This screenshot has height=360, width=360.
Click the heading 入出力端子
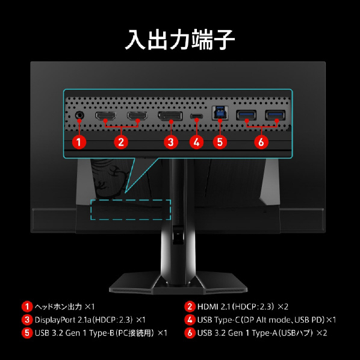[x=180, y=40]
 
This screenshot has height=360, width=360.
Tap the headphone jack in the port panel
[x=79, y=115]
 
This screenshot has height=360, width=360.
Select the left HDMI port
[x=105, y=116]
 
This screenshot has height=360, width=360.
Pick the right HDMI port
[x=137, y=116]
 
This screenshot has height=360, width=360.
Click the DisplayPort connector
[x=170, y=116]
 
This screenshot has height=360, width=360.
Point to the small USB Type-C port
[x=196, y=116]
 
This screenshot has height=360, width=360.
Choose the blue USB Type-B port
[x=220, y=113]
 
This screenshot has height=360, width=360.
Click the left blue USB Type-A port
[x=246, y=115]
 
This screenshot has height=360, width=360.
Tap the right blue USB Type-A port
[x=275, y=115]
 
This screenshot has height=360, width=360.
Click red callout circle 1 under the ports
[x=79, y=142]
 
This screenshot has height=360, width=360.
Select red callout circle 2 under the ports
[x=121, y=142]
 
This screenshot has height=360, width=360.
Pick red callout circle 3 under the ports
[x=171, y=142]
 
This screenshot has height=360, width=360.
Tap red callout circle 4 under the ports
[x=196, y=142]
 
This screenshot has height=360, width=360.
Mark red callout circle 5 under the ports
[x=220, y=142]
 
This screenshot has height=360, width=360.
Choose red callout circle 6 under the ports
[x=261, y=142]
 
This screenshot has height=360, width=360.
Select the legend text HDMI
[x=207, y=306]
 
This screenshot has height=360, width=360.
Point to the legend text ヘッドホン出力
[x=58, y=306]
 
